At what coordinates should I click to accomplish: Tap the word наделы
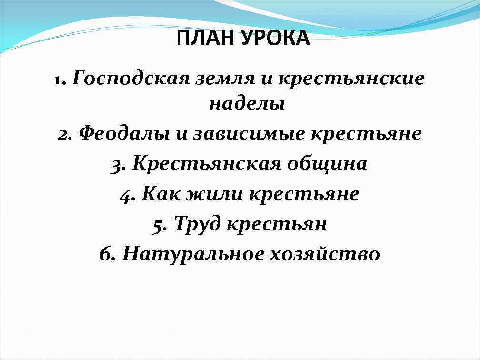pyautogui.click(x=247, y=104)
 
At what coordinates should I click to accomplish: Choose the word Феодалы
pyautogui.click(x=124, y=133)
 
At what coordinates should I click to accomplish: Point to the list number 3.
pyautogui.click(x=119, y=164)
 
